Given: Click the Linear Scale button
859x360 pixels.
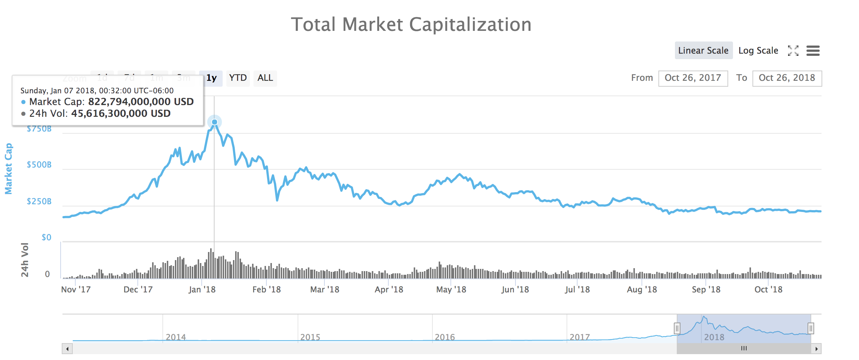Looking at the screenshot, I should [x=703, y=50].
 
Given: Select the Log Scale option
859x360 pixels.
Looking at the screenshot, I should [x=758, y=50].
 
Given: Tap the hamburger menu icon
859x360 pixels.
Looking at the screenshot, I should [x=813, y=51].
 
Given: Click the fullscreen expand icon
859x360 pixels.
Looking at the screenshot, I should [x=793, y=51].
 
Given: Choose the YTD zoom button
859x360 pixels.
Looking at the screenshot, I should [x=238, y=78].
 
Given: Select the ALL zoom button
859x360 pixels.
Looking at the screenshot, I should [x=265, y=78].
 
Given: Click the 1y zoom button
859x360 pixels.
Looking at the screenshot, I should [x=211, y=78].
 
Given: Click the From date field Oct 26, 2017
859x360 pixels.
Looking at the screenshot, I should [x=693, y=78].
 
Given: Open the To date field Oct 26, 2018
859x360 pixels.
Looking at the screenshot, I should [x=787, y=78].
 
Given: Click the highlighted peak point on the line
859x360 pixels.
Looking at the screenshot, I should [x=215, y=122].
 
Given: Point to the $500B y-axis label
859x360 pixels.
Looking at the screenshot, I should [x=39, y=165].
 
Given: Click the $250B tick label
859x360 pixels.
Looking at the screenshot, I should [x=39, y=201].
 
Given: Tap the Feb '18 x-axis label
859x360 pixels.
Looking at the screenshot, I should [x=266, y=289].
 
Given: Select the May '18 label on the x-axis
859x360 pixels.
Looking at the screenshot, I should [x=451, y=289].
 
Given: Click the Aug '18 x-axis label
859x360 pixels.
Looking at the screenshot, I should [x=641, y=289].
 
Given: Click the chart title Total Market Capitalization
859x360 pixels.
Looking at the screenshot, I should [x=411, y=25].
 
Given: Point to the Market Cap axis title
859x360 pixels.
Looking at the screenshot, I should [x=8, y=169].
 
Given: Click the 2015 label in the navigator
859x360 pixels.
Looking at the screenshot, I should [x=310, y=337].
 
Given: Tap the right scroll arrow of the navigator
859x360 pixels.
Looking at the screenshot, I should [x=816, y=349].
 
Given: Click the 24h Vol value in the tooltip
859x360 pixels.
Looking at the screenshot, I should [x=121, y=114].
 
